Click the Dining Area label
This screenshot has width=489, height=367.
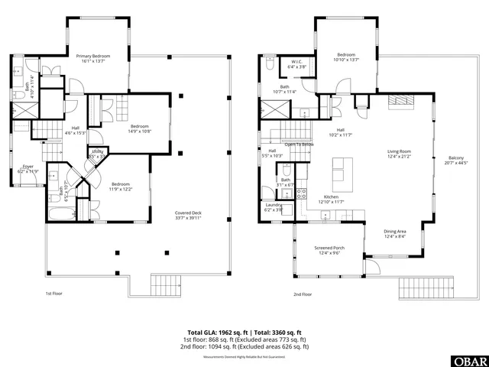[x=395, y=233]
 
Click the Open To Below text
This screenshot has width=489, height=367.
[x=300, y=145]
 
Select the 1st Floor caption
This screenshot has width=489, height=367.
[x=53, y=294]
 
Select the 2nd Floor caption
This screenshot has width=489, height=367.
[x=303, y=294]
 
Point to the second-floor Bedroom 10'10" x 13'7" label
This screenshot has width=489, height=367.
[x=347, y=57]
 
